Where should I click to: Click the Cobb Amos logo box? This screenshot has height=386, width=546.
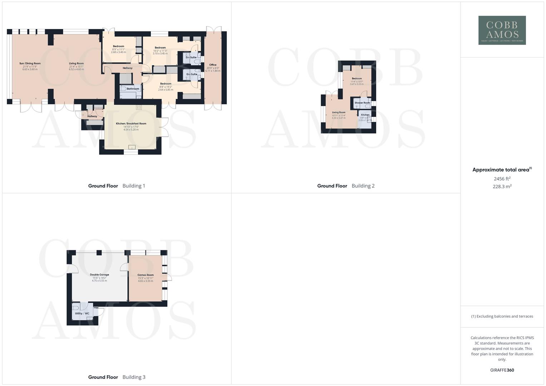502,30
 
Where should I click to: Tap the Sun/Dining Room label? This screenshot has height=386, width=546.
30,64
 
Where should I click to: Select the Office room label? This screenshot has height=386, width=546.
213,65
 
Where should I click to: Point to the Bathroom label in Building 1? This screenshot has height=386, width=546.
133,89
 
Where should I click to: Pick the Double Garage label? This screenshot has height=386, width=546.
99,275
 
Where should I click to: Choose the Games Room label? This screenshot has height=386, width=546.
146,275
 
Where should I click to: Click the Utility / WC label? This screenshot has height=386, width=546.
82,313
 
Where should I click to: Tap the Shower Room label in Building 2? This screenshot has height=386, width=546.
362,103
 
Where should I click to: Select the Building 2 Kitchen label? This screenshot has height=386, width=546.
365,115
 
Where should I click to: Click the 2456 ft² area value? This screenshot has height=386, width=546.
502,179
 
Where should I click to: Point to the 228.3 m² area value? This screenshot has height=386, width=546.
502,187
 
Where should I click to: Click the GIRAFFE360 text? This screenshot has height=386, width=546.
502,370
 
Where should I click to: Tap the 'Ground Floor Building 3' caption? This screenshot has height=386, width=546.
117,377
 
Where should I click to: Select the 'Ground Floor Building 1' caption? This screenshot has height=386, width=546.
117,186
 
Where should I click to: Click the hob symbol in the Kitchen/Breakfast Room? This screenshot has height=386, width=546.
139,107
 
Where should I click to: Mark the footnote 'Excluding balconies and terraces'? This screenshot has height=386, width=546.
502,316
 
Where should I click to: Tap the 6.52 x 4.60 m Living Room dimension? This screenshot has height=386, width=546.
76,69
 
